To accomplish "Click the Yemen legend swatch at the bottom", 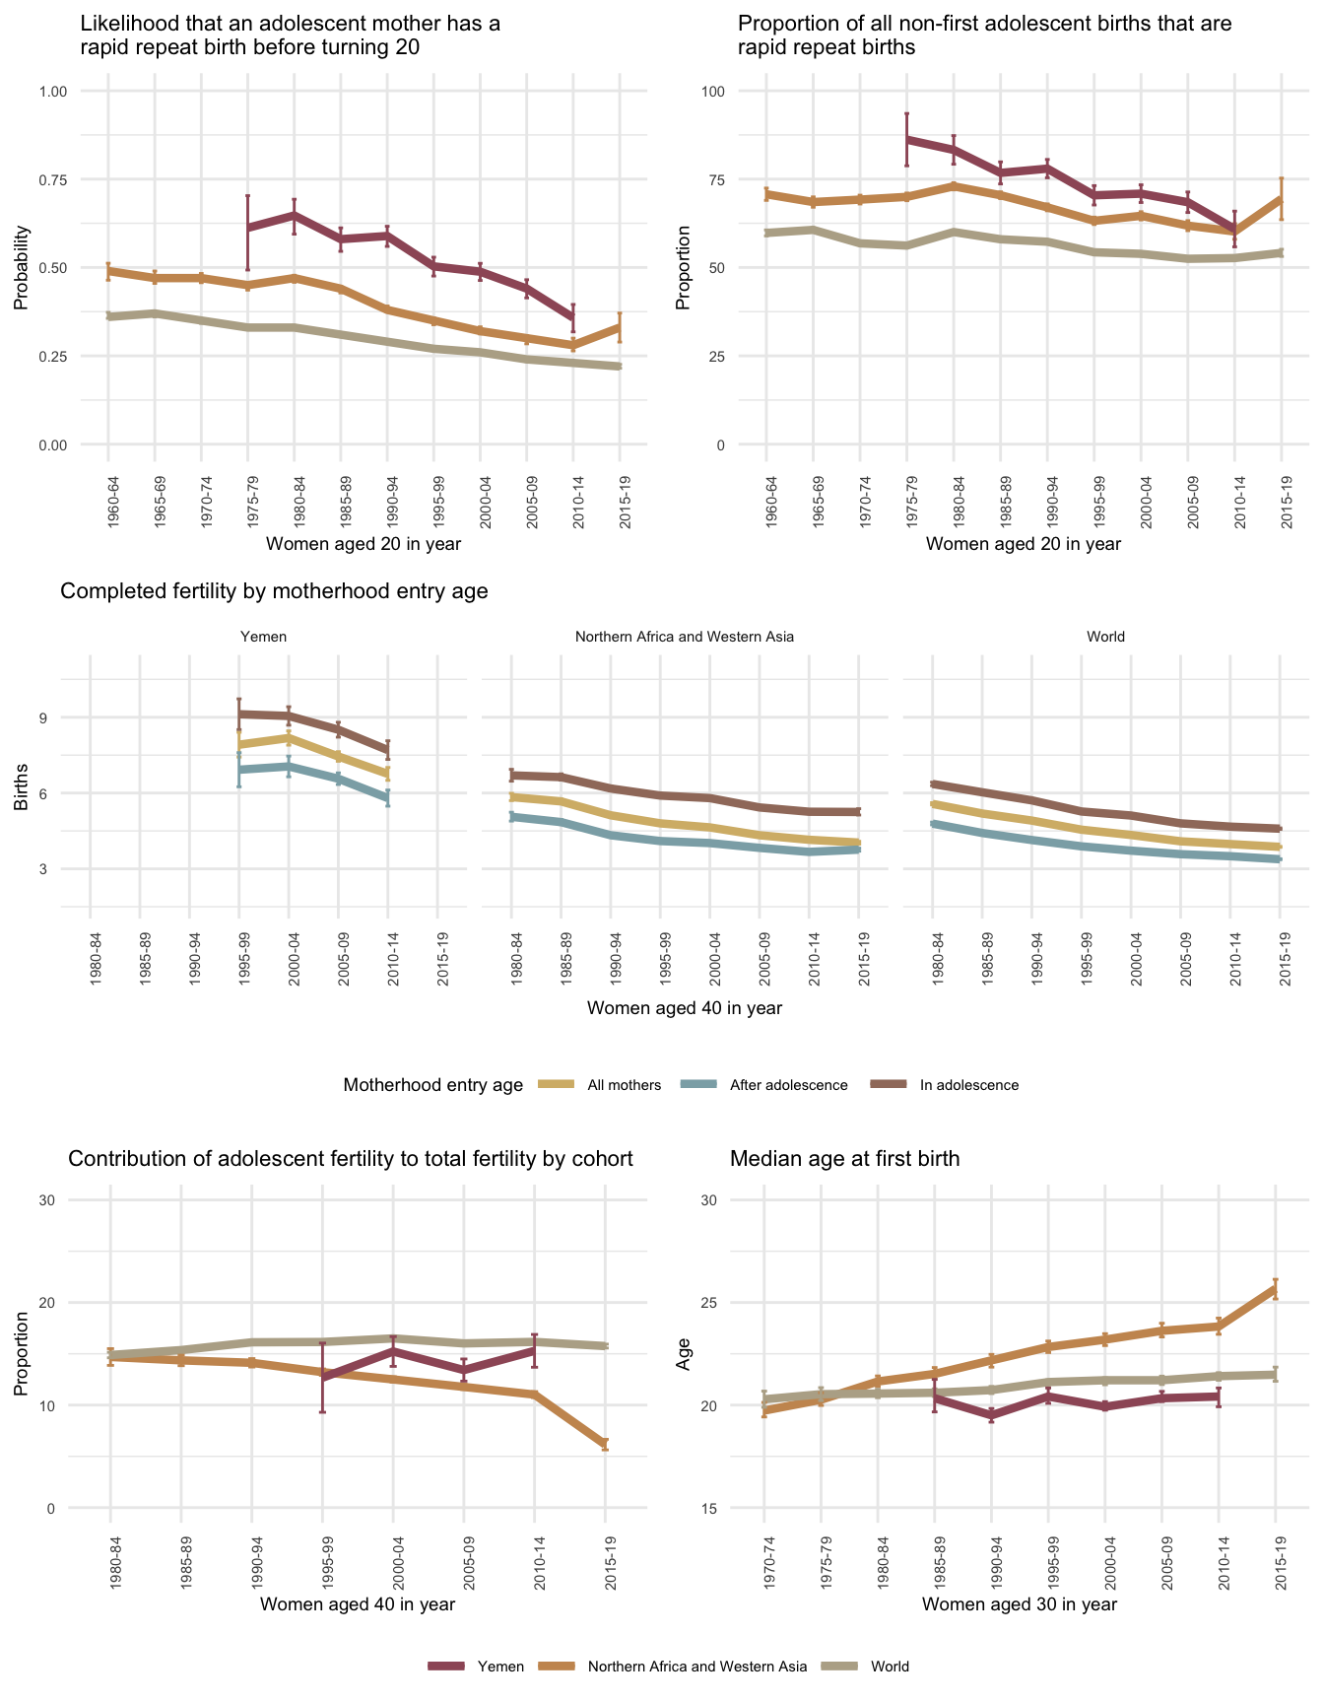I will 446,1667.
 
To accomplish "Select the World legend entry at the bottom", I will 890,1667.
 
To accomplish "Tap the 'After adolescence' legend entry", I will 788,1085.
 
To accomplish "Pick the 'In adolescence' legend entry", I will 968,1085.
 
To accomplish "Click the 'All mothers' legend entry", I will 624,1085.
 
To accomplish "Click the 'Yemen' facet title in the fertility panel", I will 264,637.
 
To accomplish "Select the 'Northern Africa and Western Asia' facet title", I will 684,637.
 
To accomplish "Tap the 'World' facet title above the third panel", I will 1105,637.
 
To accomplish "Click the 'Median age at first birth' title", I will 844,1159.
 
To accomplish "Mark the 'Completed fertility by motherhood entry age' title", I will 275,591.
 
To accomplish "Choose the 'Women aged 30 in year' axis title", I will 1020,1604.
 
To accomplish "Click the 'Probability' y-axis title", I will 21,268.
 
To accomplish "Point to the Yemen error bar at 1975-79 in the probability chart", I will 248,233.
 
